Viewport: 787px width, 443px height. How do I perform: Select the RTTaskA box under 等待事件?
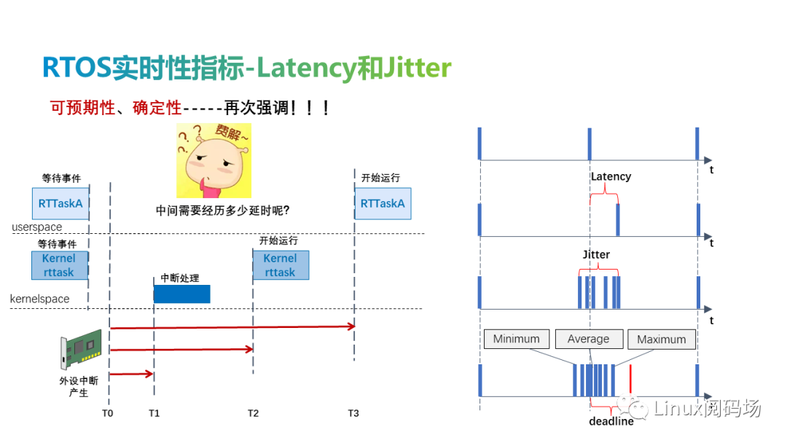pyautogui.click(x=60, y=204)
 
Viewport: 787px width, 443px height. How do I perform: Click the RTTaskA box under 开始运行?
pyautogui.click(x=383, y=204)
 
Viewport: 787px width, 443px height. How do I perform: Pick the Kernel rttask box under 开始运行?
pyautogui.click(x=281, y=265)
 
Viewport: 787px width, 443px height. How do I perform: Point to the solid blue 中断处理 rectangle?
pyautogui.click(x=181, y=294)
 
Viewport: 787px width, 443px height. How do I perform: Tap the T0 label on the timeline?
pyautogui.click(x=108, y=413)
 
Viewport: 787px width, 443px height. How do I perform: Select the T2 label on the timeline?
pyautogui.click(x=253, y=413)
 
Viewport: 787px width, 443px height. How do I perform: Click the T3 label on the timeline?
pyautogui.click(x=353, y=413)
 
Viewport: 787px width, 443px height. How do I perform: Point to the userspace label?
pyautogui.click(x=36, y=227)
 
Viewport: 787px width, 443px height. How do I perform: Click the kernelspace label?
pyautogui.click(x=40, y=299)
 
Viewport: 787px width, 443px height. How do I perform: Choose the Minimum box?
pyautogui.click(x=516, y=339)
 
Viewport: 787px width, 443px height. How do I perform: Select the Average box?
pyautogui.click(x=588, y=339)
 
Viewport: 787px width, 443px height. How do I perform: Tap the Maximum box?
pyautogui.click(x=662, y=339)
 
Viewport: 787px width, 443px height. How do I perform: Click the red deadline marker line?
pyautogui.click(x=630, y=379)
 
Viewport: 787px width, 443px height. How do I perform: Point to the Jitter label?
pyautogui.click(x=596, y=255)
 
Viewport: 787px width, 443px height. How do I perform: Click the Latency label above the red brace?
pyautogui.click(x=611, y=176)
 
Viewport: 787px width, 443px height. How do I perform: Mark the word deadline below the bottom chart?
pyautogui.click(x=611, y=421)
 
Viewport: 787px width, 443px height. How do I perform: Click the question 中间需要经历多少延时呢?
pyautogui.click(x=223, y=211)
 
